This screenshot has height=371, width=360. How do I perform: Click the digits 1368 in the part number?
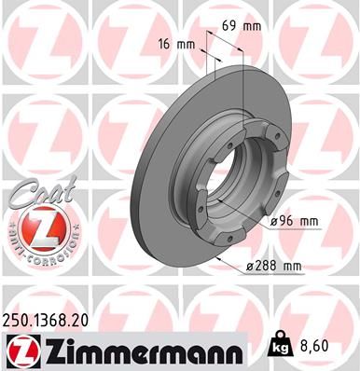(50, 319)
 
